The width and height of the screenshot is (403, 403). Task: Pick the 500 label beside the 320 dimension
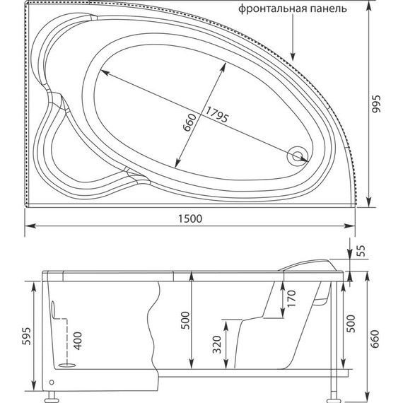point(185,322)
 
